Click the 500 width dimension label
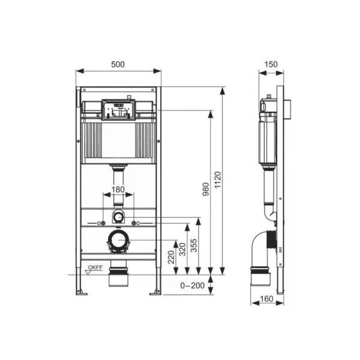(x=118, y=64)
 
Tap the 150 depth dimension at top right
(x=271, y=64)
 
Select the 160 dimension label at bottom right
(x=266, y=299)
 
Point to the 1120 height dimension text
(x=218, y=180)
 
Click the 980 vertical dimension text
(x=206, y=189)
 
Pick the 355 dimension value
(x=194, y=245)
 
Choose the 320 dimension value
(x=182, y=250)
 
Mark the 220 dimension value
(x=171, y=257)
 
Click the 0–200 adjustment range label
(x=193, y=286)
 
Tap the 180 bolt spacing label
(x=118, y=190)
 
